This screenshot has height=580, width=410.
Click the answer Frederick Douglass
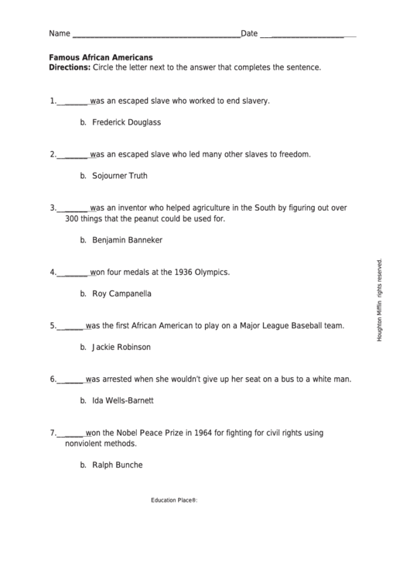click(x=126, y=122)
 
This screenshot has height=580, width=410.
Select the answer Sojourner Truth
click(x=119, y=176)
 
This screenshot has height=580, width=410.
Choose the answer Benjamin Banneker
click(x=127, y=240)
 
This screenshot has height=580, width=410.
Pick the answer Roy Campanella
click(x=121, y=293)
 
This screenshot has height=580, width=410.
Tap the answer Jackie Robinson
click(x=121, y=347)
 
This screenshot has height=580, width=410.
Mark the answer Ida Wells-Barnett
click(x=122, y=400)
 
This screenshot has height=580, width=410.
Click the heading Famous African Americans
click(x=101, y=57)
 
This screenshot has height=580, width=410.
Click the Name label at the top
click(x=59, y=34)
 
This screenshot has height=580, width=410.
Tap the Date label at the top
click(x=249, y=34)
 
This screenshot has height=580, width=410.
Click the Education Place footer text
click(x=174, y=500)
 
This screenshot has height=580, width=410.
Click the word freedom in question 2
click(x=295, y=154)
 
